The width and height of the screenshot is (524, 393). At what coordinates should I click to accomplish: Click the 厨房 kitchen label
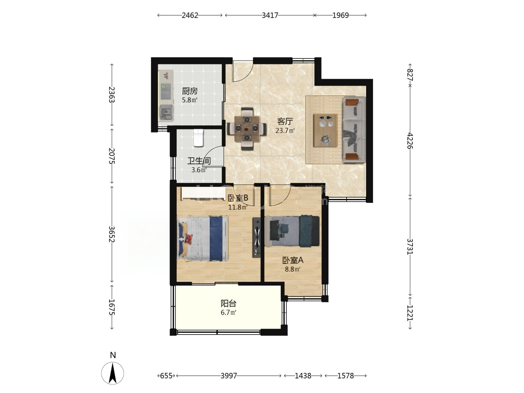pos(189,91)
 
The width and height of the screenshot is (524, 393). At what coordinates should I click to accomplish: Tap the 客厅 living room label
pos(285,121)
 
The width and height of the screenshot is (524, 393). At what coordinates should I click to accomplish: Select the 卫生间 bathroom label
pos(199,161)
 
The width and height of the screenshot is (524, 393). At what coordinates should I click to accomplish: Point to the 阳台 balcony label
pos(228,303)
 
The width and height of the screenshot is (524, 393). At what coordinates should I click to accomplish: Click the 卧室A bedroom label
pos(293,260)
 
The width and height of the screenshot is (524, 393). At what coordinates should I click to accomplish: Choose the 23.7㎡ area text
pos(285,131)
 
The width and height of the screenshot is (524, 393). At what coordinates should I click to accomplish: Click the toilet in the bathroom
pos(198,138)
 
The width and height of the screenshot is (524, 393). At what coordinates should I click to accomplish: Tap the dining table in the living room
pos(247,129)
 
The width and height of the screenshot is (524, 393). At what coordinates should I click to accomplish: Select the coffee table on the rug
pos(325,130)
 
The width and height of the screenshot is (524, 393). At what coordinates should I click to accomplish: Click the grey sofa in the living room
pos(354,130)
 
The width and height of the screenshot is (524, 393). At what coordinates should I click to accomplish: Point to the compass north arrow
pos(112,373)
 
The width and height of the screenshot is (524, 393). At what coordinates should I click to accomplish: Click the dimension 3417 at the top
pos(270,15)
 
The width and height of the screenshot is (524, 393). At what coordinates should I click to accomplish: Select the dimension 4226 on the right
pos(410,141)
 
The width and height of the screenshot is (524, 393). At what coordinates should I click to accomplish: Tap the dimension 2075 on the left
pos(112,156)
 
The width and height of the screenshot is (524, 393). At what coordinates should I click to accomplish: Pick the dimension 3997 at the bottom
pos(229,376)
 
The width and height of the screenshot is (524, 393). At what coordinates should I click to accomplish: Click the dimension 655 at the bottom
pos(166,376)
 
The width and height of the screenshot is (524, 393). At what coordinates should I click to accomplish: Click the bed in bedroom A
pos(292,231)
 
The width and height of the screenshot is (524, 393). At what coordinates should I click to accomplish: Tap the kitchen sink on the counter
pos(166,91)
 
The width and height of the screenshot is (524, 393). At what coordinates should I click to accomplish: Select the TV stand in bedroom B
pos(257,237)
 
